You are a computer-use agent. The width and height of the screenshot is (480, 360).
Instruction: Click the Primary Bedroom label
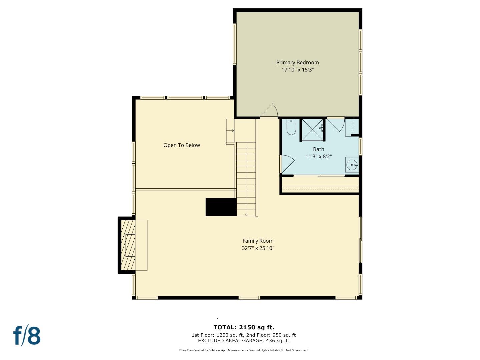[297, 62]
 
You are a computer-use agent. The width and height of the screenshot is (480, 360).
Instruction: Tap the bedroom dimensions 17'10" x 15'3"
[297, 70]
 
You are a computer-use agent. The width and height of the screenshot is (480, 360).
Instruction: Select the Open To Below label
[182, 145]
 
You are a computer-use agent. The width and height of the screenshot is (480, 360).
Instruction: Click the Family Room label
[258, 241]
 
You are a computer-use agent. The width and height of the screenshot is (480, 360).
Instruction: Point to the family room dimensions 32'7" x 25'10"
[258, 248]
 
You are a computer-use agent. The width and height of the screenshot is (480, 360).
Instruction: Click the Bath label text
[318, 149]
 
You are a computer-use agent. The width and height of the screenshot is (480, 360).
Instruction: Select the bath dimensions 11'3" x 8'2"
[318, 156]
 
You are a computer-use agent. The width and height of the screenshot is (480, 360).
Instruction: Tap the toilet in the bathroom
[291, 127]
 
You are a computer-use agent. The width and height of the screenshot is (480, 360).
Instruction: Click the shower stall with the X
[312, 130]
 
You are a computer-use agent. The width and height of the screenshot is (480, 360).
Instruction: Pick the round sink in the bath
[352, 165]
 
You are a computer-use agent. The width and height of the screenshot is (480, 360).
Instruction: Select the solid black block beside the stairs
[221, 207]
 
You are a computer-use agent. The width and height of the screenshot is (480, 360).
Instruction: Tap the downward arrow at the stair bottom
[246, 214]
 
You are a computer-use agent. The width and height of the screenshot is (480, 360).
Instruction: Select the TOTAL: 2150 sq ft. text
[244, 327]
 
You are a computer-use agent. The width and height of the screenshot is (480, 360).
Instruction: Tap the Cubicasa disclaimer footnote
[244, 350]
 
